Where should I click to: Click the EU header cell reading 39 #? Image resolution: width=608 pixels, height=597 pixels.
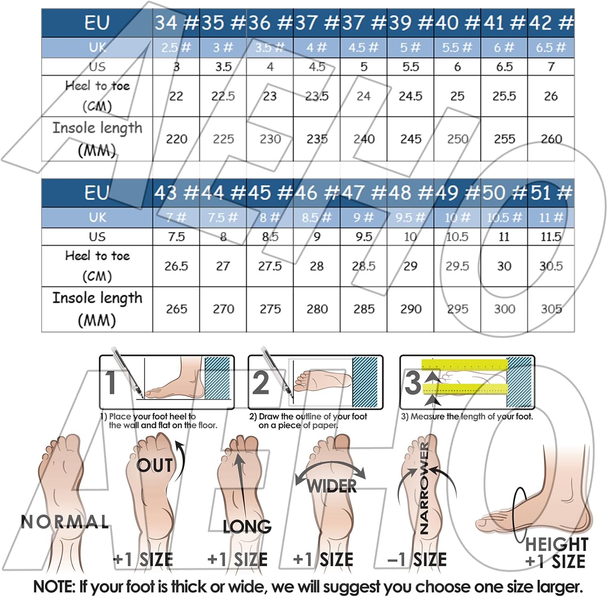(411, 23)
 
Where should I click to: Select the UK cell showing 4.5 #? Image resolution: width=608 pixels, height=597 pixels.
(364, 47)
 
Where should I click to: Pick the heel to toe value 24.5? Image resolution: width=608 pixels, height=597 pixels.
(411, 96)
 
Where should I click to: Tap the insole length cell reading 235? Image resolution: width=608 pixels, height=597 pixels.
(317, 139)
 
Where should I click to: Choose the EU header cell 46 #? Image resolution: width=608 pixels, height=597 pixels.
(317, 193)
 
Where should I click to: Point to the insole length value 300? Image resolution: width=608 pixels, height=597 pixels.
(504, 309)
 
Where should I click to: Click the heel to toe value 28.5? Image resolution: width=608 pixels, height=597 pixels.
(364, 266)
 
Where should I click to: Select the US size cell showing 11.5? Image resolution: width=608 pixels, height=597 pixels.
(551, 236)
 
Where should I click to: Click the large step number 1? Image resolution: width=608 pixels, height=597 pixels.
(111, 382)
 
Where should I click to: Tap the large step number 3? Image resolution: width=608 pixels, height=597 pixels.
(413, 382)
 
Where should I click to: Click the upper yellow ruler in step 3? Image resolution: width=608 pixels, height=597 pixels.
(465, 365)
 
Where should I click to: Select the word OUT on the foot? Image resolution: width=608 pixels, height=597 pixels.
(154, 465)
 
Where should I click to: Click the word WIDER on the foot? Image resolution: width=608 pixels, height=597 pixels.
(332, 486)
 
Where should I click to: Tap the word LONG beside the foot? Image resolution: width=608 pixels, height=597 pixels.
(247, 526)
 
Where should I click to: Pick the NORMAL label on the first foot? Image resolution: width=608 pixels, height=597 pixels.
(65, 522)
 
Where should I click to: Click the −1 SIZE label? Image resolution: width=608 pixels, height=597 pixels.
(417, 560)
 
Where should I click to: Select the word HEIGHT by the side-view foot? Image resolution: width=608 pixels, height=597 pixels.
(557, 544)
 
